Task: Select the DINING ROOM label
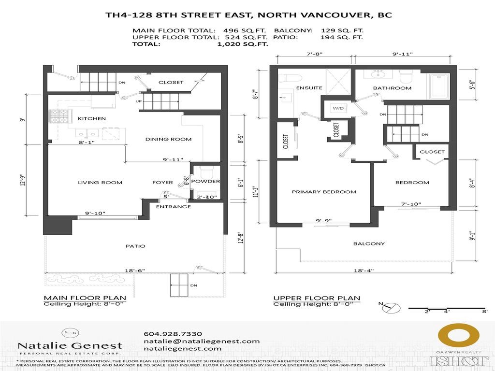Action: (168, 139)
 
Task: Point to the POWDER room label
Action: (205, 182)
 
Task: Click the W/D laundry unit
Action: (337, 108)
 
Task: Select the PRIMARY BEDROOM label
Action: (324, 192)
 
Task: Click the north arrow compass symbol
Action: (389, 307)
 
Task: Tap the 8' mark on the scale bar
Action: (484, 312)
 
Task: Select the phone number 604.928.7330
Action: (173, 334)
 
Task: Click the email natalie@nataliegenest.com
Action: (195, 341)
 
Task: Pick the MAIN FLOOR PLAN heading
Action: (85, 298)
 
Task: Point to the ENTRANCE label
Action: (173, 207)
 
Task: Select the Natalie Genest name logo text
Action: (70, 346)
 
